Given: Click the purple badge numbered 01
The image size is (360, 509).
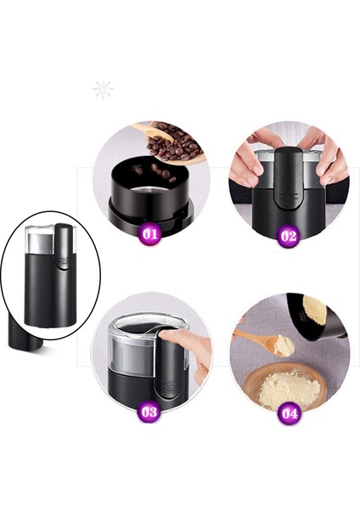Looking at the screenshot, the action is (150, 234).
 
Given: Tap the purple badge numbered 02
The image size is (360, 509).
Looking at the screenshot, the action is (289, 235).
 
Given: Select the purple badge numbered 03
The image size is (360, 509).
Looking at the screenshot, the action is (149, 412).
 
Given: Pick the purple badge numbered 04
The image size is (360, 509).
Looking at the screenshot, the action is (290, 413).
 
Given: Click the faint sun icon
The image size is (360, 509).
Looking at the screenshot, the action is (104, 90).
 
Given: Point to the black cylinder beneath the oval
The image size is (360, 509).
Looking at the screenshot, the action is (25, 332).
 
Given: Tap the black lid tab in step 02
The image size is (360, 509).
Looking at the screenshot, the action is (288, 178).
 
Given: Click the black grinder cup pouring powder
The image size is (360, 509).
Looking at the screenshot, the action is (317, 318).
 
